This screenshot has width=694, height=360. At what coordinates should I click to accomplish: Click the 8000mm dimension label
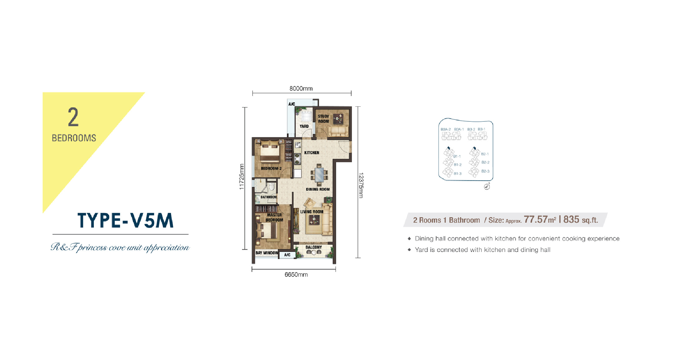[x=301, y=89]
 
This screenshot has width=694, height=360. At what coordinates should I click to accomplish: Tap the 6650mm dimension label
[x=296, y=275]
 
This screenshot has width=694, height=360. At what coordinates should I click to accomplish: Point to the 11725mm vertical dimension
[x=241, y=177]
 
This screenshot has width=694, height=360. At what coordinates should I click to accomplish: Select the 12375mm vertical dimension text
[x=361, y=185]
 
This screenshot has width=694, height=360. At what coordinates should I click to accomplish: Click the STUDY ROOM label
[x=323, y=119]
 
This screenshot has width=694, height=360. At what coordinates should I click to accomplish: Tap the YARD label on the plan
[x=304, y=126]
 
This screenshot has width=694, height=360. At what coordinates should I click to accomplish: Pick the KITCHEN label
[x=312, y=153]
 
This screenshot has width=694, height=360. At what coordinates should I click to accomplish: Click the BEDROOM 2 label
[x=271, y=168]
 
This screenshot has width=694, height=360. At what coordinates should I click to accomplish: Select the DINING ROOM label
[x=318, y=189]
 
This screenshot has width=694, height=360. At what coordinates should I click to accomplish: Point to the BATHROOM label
[x=268, y=197]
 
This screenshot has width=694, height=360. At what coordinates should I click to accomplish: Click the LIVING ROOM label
[x=312, y=212]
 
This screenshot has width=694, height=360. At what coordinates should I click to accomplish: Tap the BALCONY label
[x=314, y=247]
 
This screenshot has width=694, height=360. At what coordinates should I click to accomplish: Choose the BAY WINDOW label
[x=267, y=253]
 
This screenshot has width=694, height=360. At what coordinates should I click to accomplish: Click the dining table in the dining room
[x=319, y=175]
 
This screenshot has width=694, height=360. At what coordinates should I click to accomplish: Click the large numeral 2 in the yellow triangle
[x=73, y=117]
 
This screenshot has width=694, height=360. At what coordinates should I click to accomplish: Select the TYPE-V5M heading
[x=125, y=221]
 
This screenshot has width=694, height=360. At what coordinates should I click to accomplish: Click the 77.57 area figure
[x=536, y=219]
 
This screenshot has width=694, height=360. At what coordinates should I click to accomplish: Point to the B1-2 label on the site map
[x=458, y=165]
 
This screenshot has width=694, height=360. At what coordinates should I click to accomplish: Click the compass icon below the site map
[x=487, y=187]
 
